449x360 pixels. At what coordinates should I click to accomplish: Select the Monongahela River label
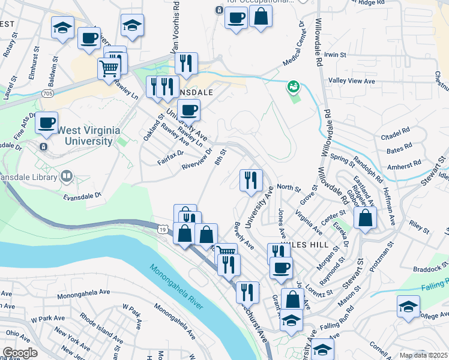[x=176, y=287]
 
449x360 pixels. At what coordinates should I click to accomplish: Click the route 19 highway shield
[x=163, y=229]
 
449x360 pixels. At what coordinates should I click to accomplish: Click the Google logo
[x=20, y=353]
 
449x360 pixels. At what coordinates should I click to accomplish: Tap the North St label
[x=288, y=188]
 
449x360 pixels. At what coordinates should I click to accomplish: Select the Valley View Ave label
[x=351, y=81]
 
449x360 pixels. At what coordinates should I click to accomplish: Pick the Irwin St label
[x=335, y=55]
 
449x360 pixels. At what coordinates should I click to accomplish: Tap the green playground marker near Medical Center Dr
[x=293, y=88]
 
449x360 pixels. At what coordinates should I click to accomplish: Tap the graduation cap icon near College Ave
[x=408, y=306]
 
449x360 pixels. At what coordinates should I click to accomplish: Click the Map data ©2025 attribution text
[x=423, y=355]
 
